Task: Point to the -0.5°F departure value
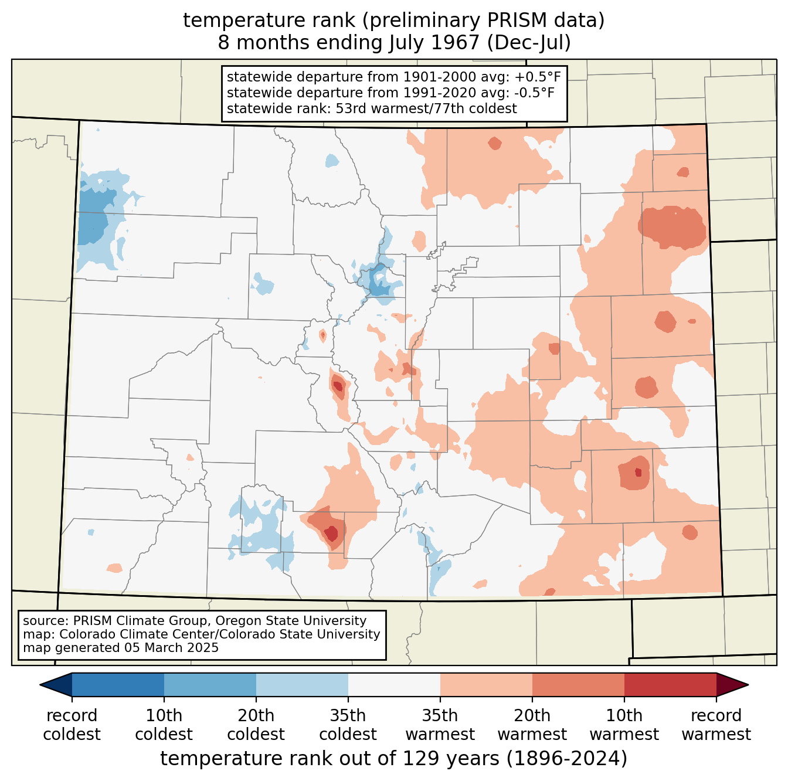pos(535,93)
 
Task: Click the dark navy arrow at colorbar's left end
pos(56,684)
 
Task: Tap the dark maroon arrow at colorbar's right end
pos(732,684)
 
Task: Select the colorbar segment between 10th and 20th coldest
pos(210,684)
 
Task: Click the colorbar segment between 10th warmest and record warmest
pos(670,684)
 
